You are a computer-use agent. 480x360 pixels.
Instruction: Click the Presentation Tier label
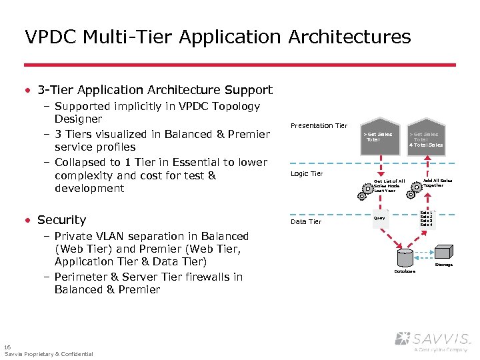(319, 125)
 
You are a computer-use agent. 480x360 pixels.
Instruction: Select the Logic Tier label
(306, 174)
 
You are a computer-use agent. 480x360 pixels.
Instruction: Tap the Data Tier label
(305, 221)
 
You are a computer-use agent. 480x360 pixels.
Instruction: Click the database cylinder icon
(405, 259)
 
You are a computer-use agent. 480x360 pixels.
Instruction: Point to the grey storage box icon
(443, 252)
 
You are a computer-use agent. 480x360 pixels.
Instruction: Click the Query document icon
(380, 217)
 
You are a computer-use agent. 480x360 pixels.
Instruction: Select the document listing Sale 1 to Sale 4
(427, 219)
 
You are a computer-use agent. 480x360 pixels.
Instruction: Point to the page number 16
(7, 347)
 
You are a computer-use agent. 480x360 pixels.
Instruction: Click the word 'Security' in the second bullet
(61, 220)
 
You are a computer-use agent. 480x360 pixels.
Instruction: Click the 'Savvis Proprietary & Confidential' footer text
(49, 354)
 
